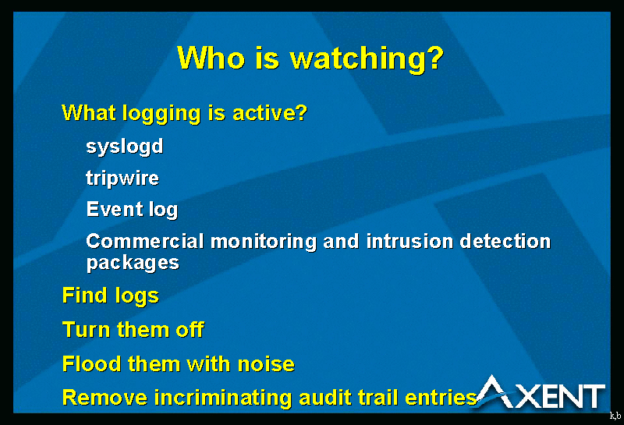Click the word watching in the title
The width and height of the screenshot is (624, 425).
[x=367, y=59]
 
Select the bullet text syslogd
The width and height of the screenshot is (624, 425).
[x=125, y=147]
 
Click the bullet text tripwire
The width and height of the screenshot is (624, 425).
[x=122, y=178]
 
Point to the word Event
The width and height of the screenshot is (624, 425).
[x=115, y=209]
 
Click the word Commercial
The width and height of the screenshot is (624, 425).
[x=145, y=241]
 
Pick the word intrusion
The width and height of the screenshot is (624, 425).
[x=409, y=241]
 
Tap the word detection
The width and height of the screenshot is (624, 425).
[x=505, y=241]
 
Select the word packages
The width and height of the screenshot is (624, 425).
[x=133, y=264]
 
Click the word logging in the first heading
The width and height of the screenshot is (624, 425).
[x=161, y=113]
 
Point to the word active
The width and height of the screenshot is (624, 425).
[x=269, y=113]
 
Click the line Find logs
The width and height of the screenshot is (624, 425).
[x=111, y=296]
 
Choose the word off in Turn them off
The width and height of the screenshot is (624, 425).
[x=190, y=330]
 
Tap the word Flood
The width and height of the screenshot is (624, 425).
[x=91, y=364]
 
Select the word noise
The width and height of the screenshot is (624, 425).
[x=266, y=364]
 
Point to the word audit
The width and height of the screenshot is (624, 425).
[x=324, y=398]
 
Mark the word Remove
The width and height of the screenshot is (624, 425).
[x=105, y=398]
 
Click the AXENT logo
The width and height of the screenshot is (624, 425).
[x=540, y=393]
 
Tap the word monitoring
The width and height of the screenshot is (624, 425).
[x=263, y=242]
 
